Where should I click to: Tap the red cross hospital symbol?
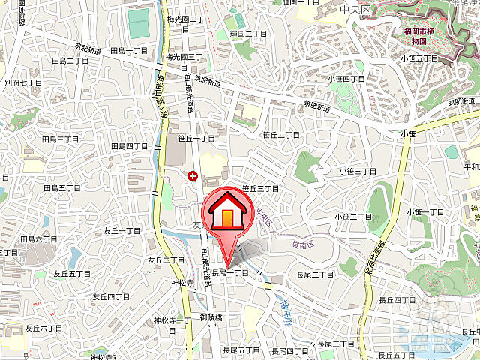click(193, 176)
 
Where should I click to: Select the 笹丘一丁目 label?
click(196, 139)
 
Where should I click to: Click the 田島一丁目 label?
click(129, 51)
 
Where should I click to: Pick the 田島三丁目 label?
click(60, 139)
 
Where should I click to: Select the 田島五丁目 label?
click(61, 187)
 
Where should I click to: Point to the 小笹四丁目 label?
click(346, 78)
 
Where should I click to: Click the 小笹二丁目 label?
click(353, 217)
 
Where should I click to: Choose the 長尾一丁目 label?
click(229, 273)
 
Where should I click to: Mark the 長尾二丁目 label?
click(314, 274)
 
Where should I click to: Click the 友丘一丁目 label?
click(122, 231)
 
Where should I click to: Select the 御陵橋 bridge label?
click(214, 319)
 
